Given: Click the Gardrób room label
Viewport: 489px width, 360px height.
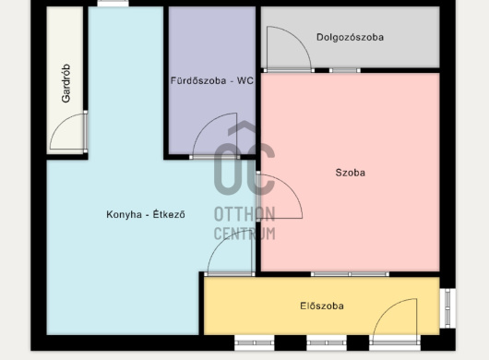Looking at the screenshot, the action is point(66,83).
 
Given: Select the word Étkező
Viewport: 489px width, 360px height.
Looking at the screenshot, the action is point(169,214).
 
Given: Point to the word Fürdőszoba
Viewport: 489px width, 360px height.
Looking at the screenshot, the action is point(198,80).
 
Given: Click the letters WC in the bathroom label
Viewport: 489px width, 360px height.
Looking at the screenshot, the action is point(245,80).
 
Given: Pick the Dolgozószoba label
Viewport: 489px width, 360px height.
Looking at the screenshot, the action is point(350,38).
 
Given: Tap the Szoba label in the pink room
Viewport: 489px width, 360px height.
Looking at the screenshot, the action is point(351,173).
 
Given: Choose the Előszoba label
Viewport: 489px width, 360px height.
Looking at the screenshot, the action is point(322,306).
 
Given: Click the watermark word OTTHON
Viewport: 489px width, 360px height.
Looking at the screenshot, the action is point(244,214).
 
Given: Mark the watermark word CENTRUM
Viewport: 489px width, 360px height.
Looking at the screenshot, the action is point(244,234).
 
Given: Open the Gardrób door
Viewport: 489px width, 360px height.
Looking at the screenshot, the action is point(68,132).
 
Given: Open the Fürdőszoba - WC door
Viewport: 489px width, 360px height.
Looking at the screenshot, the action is point(215,136).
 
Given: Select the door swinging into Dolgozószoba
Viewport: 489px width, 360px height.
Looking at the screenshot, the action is point(289,49).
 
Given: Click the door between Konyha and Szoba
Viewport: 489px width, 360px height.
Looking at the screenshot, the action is point(280,197).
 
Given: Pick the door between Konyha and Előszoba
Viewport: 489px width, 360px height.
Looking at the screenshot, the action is point(230,253).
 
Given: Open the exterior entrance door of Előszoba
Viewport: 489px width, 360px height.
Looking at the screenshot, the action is point(395,321).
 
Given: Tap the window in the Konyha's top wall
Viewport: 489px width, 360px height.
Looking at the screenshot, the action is point(113,4).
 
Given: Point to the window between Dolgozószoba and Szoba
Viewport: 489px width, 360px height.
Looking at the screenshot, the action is point(345,70).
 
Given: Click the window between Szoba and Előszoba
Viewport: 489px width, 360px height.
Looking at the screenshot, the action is point(350,274).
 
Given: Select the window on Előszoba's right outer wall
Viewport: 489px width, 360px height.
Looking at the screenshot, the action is point(447,308).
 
